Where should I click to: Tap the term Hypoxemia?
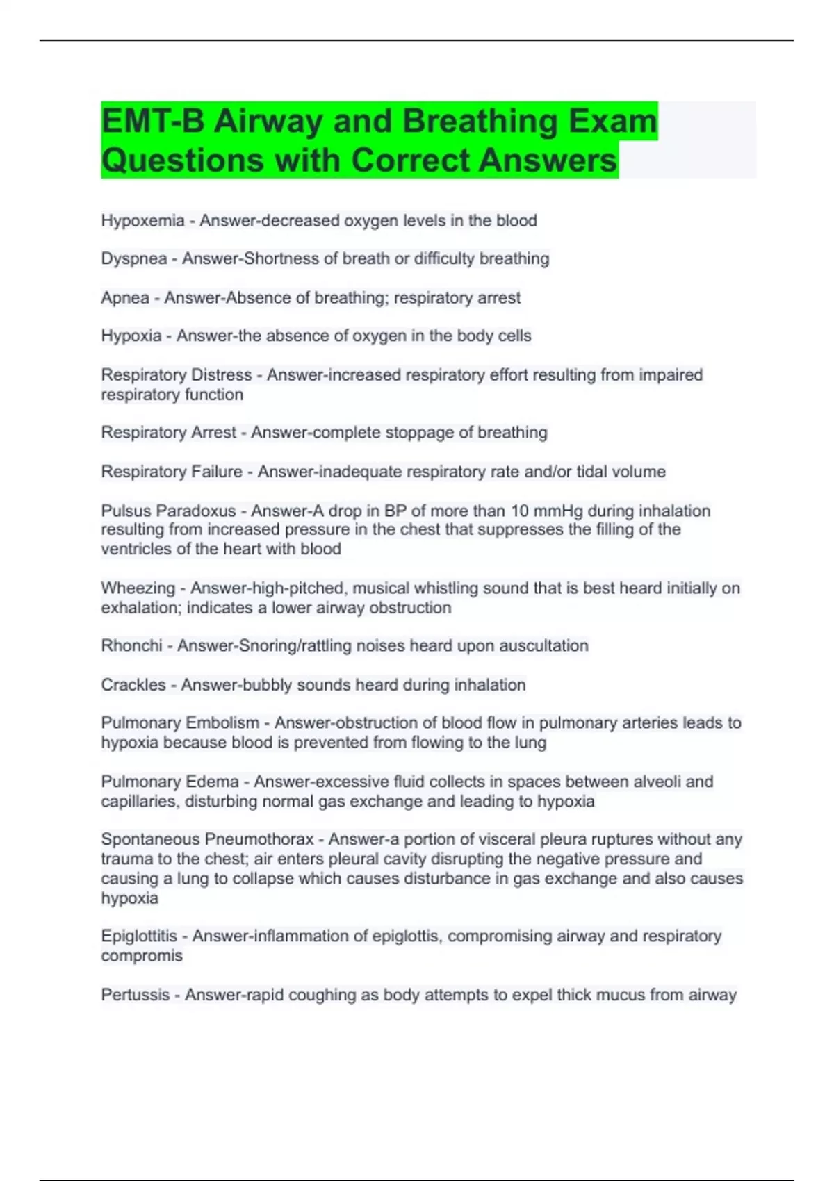142,221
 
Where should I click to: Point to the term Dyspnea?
134,259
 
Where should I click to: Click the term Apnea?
125,298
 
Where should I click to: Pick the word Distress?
221,375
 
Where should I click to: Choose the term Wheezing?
138,588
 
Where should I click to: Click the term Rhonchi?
131,646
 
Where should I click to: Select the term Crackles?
133,685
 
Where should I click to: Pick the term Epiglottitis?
139,936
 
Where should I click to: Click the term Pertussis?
135,995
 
